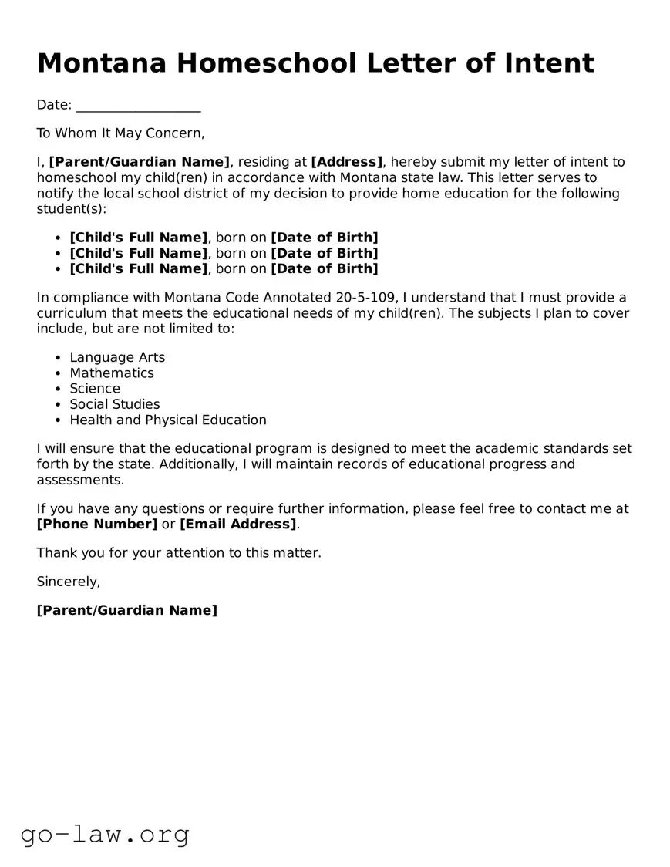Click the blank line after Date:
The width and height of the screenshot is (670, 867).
pyautogui.click(x=139, y=106)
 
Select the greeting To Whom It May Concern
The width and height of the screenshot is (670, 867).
pyautogui.click(x=121, y=133)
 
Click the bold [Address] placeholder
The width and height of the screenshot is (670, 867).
pyautogui.click(x=347, y=162)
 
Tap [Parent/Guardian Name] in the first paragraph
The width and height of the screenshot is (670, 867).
pyautogui.click(x=140, y=162)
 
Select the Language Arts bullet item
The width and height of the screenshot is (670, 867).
pyautogui.click(x=117, y=357)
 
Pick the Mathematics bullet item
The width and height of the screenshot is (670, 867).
pyautogui.click(x=112, y=373)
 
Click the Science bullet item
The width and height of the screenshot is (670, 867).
pyautogui.click(x=95, y=389)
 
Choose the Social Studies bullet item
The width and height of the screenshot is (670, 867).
pyautogui.click(x=115, y=404)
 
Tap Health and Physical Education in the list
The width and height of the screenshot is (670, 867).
pyautogui.click(x=168, y=420)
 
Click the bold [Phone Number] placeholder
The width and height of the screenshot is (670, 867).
pyautogui.click(x=97, y=525)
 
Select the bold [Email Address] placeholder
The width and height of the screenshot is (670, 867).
pyautogui.click(x=238, y=525)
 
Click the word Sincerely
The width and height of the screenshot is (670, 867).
pyautogui.click(x=69, y=582)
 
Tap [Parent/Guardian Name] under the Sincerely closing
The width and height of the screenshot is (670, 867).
pyautogui.click(x=127, y=611)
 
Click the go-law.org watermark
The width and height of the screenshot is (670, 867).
pyautogui.click(x=105, y=834)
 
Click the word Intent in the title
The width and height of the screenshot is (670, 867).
pyautogui.click(x=550, y=62)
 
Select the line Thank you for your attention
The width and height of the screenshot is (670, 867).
pyautogui.click(x=179, y=553)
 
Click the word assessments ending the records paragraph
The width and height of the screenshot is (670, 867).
pyautogui.click(x=79, y=480)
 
